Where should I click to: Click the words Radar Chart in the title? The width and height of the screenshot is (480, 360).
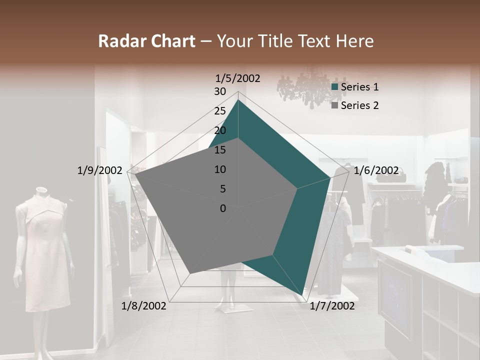(146, 41)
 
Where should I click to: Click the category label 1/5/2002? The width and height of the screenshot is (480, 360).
(237, 78)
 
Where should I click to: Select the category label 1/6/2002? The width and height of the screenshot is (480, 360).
(376, 170)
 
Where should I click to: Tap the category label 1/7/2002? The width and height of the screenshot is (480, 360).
(332, 306)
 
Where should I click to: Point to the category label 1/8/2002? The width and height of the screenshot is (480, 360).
(144, 306)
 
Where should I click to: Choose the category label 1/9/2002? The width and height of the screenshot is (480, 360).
(99, 170)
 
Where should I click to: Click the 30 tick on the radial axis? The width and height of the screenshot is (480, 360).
(219, 91)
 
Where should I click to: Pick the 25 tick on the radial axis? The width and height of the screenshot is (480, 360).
(219, 111)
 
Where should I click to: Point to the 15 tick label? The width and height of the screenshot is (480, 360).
(219, 150)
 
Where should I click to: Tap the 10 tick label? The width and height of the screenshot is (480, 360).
(219, 169)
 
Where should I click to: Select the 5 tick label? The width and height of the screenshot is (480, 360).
(222, 189)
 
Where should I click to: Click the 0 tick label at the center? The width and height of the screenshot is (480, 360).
(222, 208)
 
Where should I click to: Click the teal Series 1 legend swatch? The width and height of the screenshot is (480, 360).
(335, 87)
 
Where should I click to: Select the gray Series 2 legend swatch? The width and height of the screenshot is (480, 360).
(335, 105)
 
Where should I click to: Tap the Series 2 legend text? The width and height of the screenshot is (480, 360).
(359, 105)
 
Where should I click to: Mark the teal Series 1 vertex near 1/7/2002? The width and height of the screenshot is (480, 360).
(303, 295)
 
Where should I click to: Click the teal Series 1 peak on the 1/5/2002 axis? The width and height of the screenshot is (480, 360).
(238, 100)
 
